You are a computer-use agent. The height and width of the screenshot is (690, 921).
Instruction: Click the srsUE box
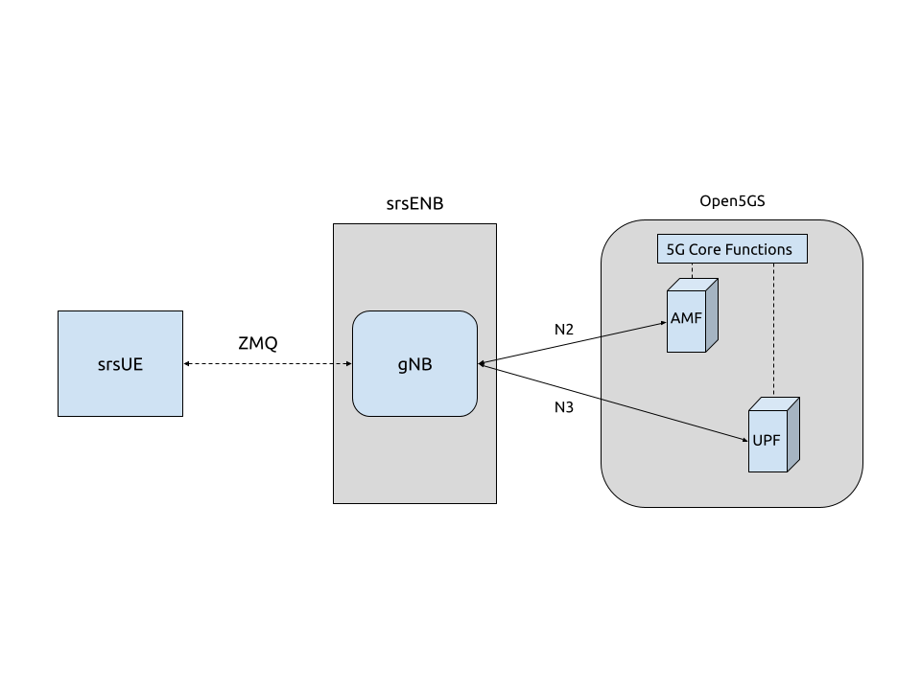pos(121,364)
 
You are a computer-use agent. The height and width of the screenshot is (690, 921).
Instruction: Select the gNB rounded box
pos(414,364)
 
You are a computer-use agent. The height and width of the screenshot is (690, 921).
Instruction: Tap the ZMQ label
pos(258,343)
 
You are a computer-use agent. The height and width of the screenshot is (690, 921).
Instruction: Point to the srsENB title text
pos(414,203)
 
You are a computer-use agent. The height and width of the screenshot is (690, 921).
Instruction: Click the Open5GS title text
pos(732,201)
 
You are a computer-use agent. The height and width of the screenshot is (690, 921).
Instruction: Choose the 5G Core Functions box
pos(732,249)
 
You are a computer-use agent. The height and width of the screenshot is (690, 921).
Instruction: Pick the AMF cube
pos(692,315)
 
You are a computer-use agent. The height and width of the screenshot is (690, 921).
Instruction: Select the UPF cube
pos(773,435)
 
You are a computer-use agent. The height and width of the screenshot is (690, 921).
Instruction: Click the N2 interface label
pos(564,330)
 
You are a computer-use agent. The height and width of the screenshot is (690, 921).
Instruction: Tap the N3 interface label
pos(564,407)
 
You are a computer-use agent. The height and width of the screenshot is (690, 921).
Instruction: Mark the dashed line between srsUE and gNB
pos(268,364)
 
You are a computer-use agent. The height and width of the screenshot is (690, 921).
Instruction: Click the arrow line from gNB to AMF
pos(572,343)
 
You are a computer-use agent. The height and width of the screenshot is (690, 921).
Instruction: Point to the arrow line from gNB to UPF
pos(613,402)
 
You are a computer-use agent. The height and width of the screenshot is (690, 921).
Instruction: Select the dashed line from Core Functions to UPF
pos(773,331)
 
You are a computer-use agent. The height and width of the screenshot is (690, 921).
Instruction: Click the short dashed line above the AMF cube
pos(693,270)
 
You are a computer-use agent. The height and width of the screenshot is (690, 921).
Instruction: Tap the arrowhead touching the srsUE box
pos(186,364)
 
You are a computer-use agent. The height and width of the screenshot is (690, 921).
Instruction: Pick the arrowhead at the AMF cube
pos(664,323)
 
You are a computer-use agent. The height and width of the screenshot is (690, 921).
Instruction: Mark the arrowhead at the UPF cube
pos(745,440)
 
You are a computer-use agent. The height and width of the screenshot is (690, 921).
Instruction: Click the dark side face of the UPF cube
pos(793,435)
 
